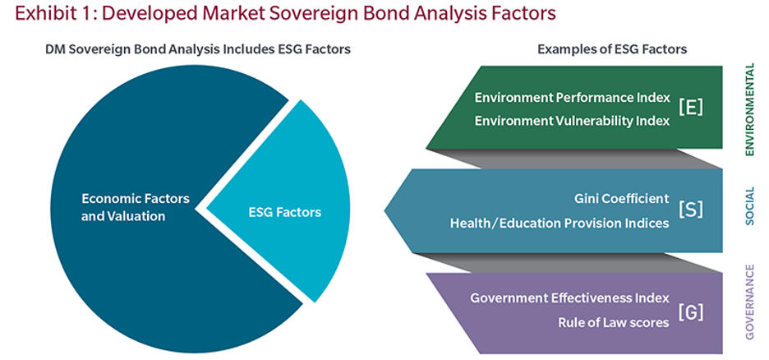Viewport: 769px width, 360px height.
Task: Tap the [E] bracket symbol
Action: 690,108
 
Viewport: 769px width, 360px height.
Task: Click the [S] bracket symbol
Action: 690,210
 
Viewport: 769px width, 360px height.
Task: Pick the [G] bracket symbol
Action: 690,312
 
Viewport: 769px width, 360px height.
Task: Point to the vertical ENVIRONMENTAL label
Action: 749,110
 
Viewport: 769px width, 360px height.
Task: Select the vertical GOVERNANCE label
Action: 749,302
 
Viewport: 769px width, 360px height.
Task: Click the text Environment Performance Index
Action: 572,98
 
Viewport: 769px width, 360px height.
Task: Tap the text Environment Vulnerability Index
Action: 572,121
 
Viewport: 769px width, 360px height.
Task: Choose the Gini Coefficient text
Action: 621,199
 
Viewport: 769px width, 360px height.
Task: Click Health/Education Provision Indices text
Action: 559,224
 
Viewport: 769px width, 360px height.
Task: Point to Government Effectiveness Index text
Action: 570,298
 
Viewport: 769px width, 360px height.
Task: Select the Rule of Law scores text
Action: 614,322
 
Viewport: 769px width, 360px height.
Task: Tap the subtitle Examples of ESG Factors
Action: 612,49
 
